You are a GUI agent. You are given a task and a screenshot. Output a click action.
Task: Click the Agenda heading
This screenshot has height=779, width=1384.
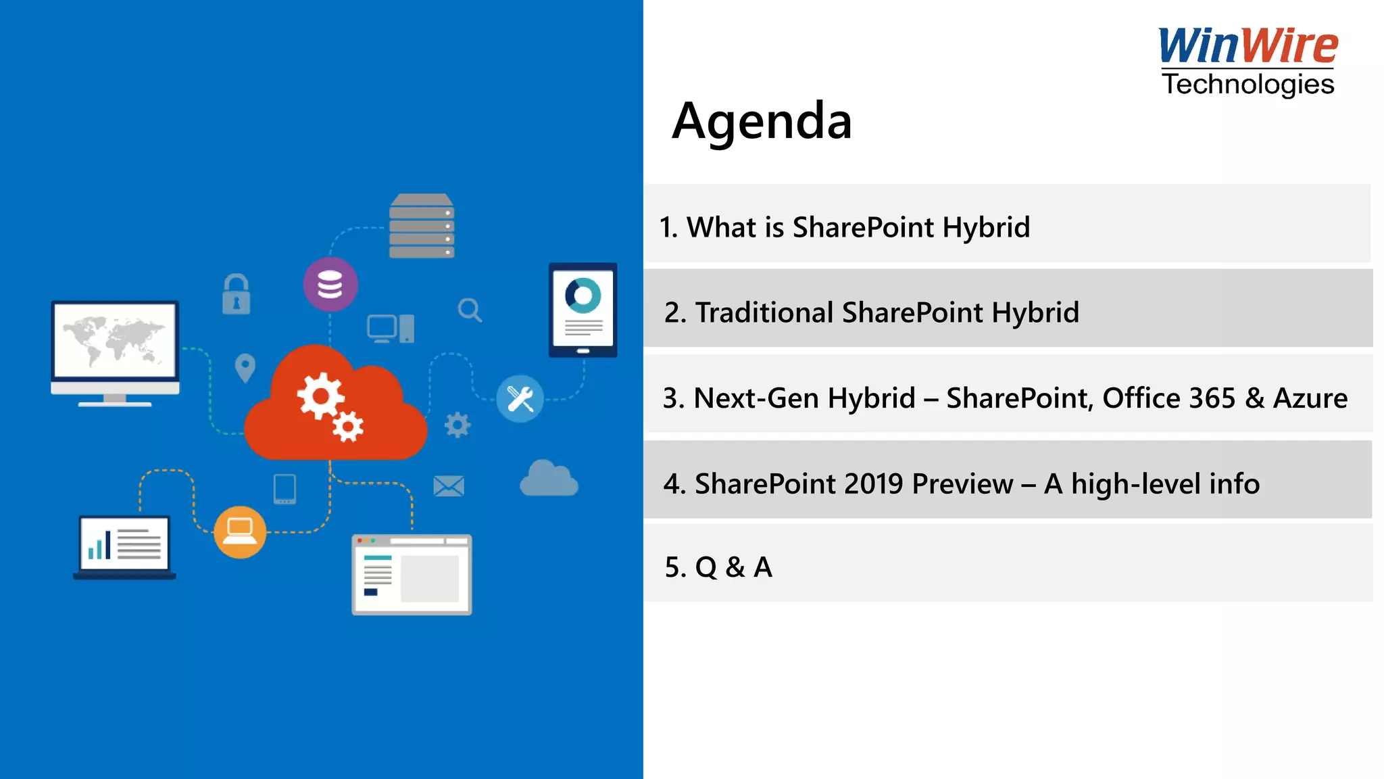[762, 121]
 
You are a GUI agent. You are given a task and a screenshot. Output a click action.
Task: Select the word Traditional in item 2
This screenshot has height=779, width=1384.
[764, 312]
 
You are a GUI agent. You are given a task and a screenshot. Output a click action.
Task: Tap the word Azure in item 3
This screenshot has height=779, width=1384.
[1310, 398]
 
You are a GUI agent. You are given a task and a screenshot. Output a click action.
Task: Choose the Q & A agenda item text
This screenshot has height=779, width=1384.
[718, 567]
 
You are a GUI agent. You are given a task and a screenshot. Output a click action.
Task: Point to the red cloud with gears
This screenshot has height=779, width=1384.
[335, 406]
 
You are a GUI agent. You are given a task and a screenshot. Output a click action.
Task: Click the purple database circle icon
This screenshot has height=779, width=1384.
[330, 285]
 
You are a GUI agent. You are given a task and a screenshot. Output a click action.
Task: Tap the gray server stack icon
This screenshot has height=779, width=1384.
[422, 226]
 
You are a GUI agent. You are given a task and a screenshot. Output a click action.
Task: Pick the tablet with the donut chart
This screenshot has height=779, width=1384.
[583, 310]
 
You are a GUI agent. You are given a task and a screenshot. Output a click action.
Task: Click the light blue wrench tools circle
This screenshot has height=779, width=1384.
[520, 399]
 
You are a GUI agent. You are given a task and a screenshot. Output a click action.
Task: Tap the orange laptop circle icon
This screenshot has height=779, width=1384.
[239, 532]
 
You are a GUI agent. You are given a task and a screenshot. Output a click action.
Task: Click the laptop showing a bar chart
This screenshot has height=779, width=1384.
[124, 546]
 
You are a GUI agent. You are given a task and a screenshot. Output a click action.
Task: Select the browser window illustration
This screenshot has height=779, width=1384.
[412, 574]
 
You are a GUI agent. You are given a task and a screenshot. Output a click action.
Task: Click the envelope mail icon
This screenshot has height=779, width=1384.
[448, 486]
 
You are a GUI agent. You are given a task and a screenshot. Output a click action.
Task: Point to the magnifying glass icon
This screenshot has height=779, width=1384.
[470, 310]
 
